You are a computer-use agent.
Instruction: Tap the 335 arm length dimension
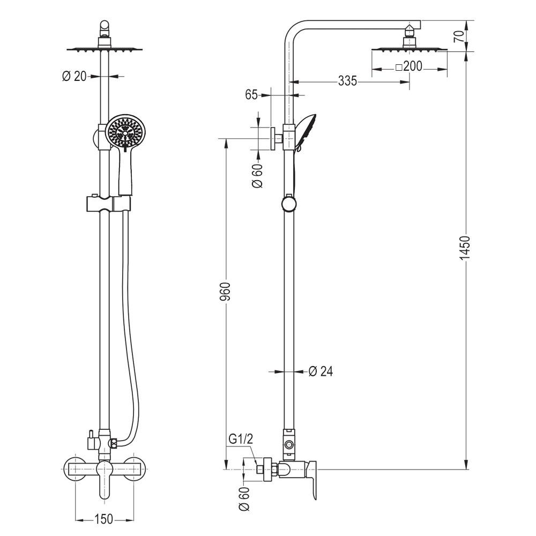tap(347, 81)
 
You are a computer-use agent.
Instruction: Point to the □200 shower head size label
tap(409, 66)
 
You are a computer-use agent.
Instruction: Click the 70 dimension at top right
tap(459, 36)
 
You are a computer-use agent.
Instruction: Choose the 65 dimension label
tap(251, 95)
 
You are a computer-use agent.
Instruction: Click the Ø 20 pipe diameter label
tap(75, 76)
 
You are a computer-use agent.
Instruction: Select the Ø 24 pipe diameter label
tap(321, 371)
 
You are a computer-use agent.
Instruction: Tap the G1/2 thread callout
tap(241, 439)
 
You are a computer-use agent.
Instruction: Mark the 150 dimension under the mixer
tap(103, 519)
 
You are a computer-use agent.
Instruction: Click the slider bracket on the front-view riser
tap(108, 203)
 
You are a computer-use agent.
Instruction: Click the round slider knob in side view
tap(289, 204)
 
